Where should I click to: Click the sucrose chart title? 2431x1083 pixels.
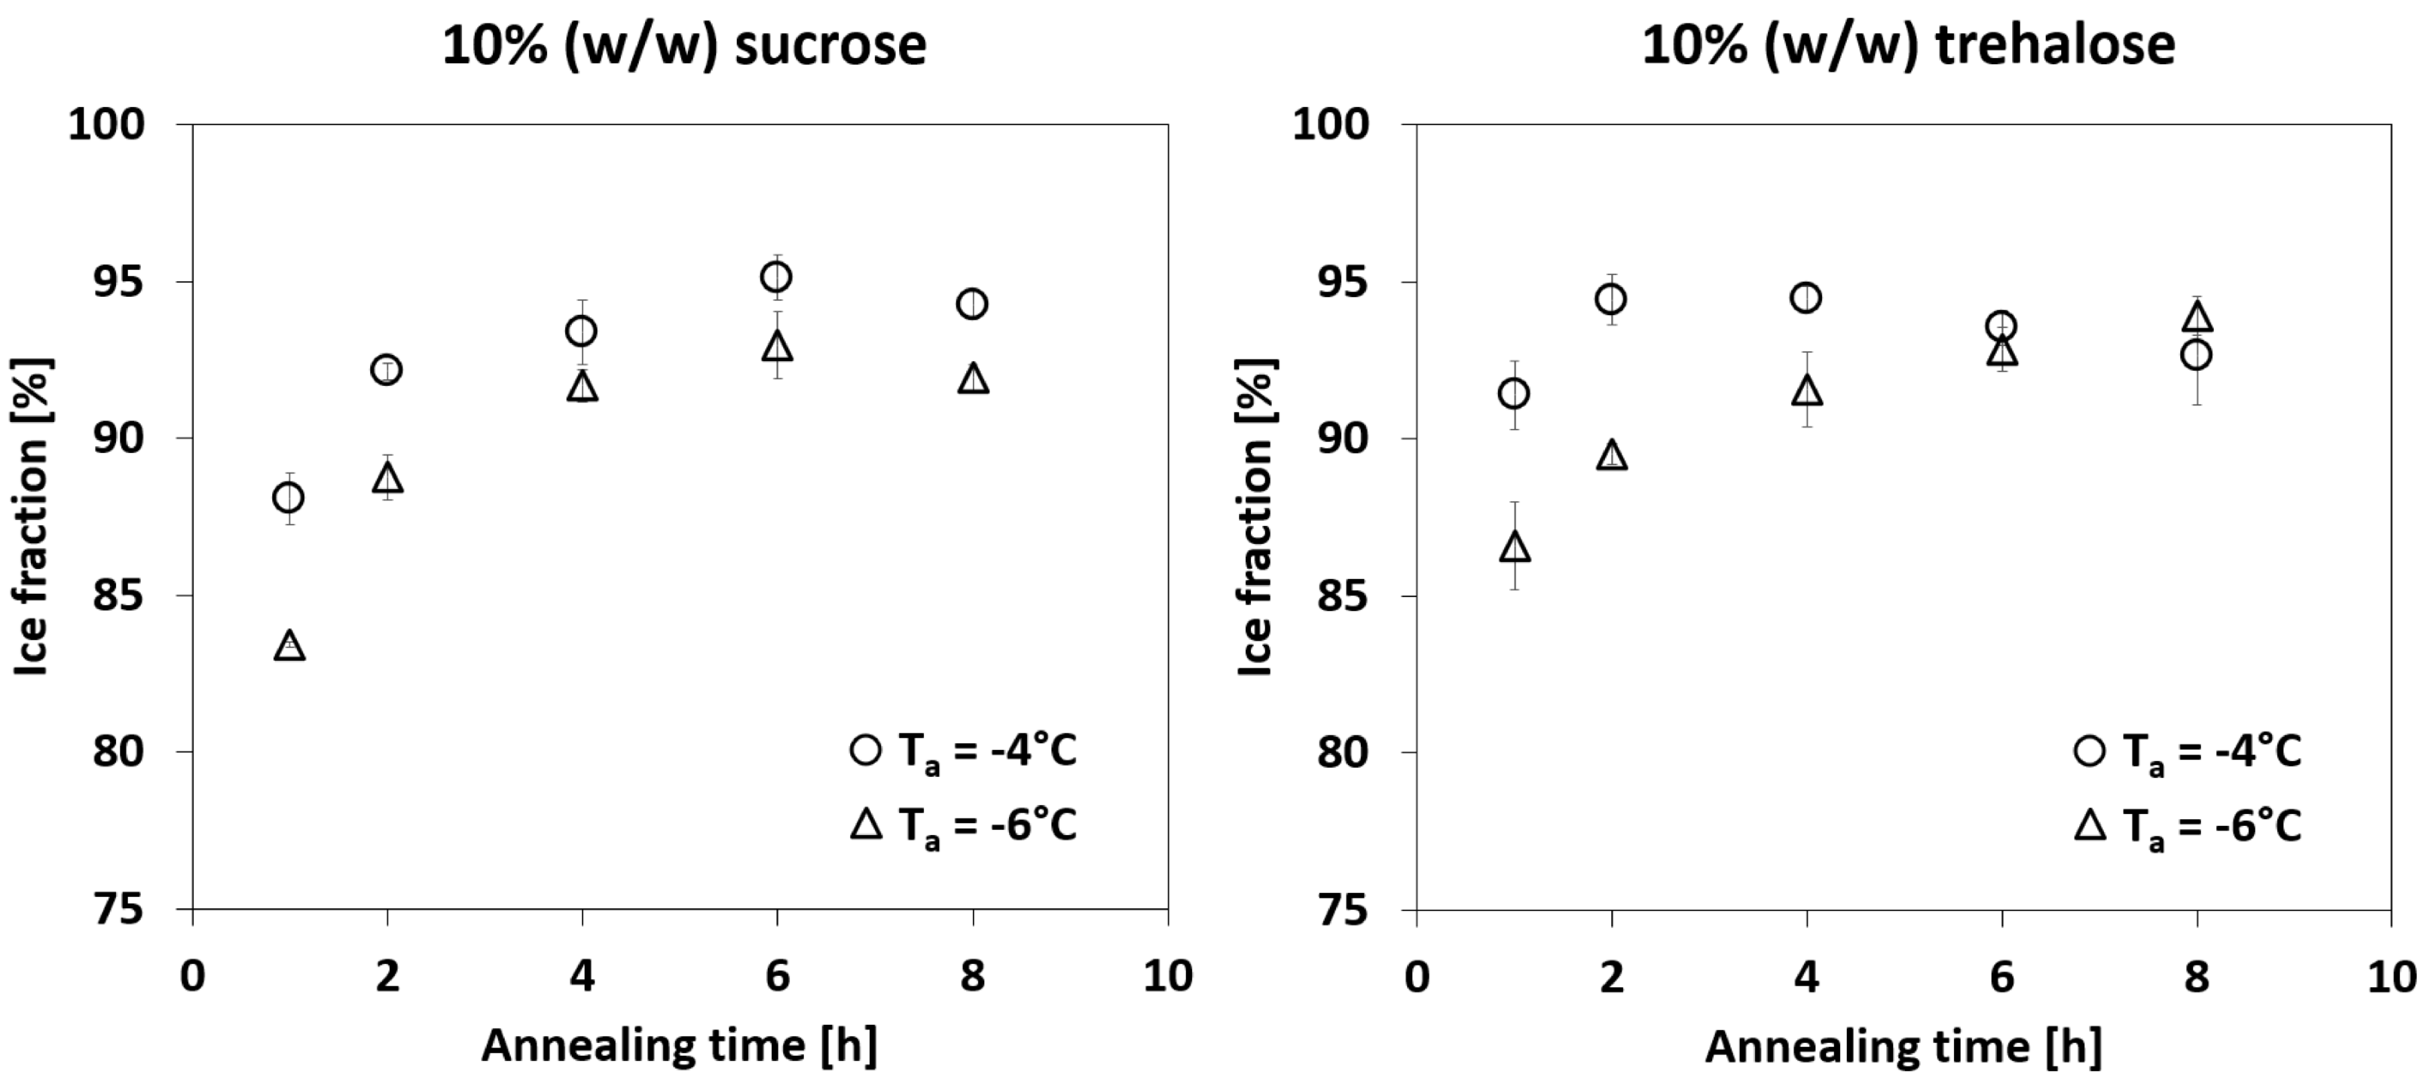pos(684,44)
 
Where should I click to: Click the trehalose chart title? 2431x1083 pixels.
pos(1908,44)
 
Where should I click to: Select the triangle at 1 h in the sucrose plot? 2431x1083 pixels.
pos(289,646)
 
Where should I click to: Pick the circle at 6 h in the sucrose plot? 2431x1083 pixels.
pos(775,277)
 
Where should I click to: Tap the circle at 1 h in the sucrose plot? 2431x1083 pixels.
pos(288,497)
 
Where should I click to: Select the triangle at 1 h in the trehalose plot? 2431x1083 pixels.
pos(1515,546)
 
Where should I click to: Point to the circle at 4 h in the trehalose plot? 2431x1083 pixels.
pos(1806,298)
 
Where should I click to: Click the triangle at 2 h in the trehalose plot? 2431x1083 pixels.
pos(1613,455)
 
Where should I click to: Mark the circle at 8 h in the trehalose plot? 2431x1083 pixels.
pos(2196,355)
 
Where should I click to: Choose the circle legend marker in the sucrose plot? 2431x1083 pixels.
pos(865,750)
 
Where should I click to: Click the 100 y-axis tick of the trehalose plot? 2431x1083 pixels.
pos(1331,124)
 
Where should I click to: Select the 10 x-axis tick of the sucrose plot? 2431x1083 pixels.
pos(1167,975)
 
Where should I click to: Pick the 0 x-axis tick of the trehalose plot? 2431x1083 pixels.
pos(1417,975)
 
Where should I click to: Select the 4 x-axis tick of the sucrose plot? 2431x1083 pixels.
pos(583,975)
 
